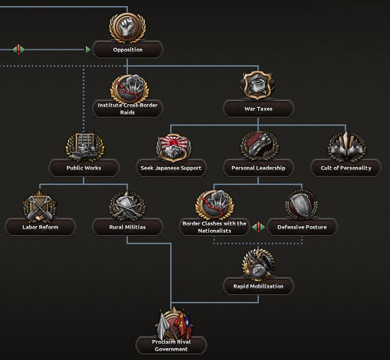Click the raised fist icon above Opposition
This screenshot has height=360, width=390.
pos(127,27)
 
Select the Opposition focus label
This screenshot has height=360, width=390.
pos(127,50)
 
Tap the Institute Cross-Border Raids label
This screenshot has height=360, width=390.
pos(127,109)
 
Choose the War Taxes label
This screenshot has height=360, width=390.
pos(258,109)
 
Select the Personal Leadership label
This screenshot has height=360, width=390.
pos(258,168)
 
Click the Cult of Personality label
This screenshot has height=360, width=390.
pos(346,168)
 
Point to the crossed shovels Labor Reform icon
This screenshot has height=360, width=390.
pos(40,206)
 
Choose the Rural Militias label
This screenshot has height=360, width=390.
pos(127,227)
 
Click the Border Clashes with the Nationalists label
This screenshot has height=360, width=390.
pos(215,227)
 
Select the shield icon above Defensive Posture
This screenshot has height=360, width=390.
pos(302,205)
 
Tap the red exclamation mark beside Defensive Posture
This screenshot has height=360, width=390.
pos(259,227)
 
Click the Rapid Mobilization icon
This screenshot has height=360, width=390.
pos(258,264)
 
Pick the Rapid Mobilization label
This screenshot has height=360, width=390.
pos(258,286)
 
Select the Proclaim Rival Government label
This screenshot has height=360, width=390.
pos(171,345)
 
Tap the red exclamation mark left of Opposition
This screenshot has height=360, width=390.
pos(19,49)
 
